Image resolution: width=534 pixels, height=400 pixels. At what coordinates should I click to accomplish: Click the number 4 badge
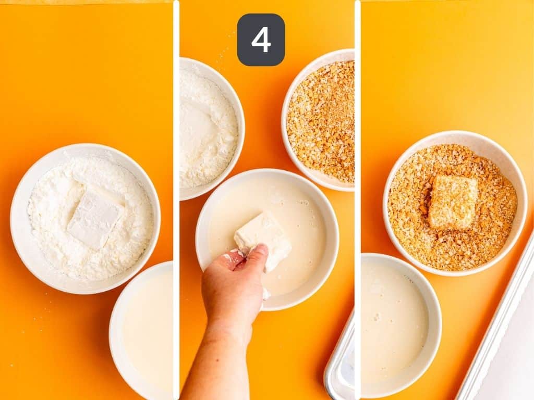pyautogui.click(x=261, y=40)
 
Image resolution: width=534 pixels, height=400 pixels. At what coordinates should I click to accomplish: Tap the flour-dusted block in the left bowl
pyautogui.click(x=95, y=218)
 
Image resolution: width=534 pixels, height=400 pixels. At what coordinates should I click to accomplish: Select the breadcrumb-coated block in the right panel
pyautogui.click(x=453, y=202)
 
